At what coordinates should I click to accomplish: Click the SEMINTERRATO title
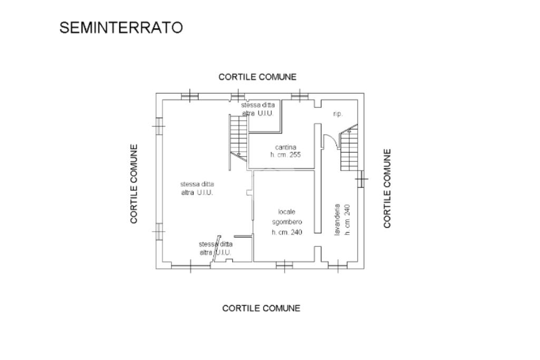tap(121, 28)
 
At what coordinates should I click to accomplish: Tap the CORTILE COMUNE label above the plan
tap(257, 77)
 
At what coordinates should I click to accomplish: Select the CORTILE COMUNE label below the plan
tap(261, 308)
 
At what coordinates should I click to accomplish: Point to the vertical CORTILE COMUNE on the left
tap(134, 184)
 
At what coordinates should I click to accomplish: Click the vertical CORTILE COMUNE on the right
tap(388, 188)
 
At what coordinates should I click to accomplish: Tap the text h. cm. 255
tap(285, 155)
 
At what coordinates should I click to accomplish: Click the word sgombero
tap(287, 222)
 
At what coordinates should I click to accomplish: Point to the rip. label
tap(338, 114)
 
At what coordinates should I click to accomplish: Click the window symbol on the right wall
tap(361, 179)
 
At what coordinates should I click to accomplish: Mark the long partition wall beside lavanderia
tap(317, 178)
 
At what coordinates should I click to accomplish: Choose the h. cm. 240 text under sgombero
tap(287, 232)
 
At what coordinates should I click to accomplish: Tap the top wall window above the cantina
tap(300, 95)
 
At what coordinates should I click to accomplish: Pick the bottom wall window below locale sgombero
tap(284, 266)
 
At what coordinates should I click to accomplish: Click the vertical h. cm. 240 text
tap(348, 220)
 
